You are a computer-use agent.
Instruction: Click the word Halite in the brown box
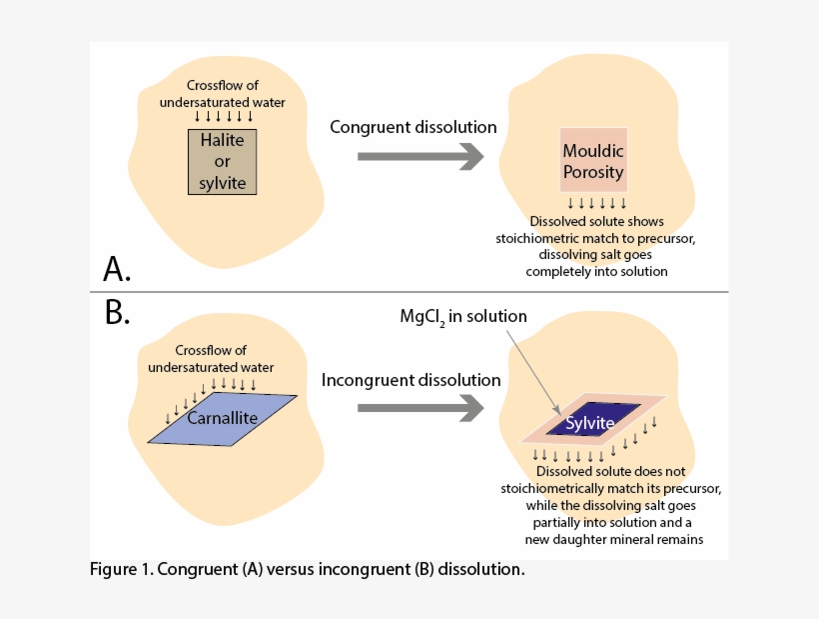[222, 142]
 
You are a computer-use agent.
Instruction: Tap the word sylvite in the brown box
[222, 183]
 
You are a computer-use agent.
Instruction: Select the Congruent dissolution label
[413, 127]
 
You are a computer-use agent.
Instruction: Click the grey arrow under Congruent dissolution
[419, 156]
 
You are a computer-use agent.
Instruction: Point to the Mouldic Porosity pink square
[592, 161]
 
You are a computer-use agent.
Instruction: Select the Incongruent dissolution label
[410, 380]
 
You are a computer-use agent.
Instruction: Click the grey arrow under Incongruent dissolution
[419, 407]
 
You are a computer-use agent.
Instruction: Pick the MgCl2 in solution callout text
[459, 317]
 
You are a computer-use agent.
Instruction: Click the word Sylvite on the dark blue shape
[590, 423]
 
